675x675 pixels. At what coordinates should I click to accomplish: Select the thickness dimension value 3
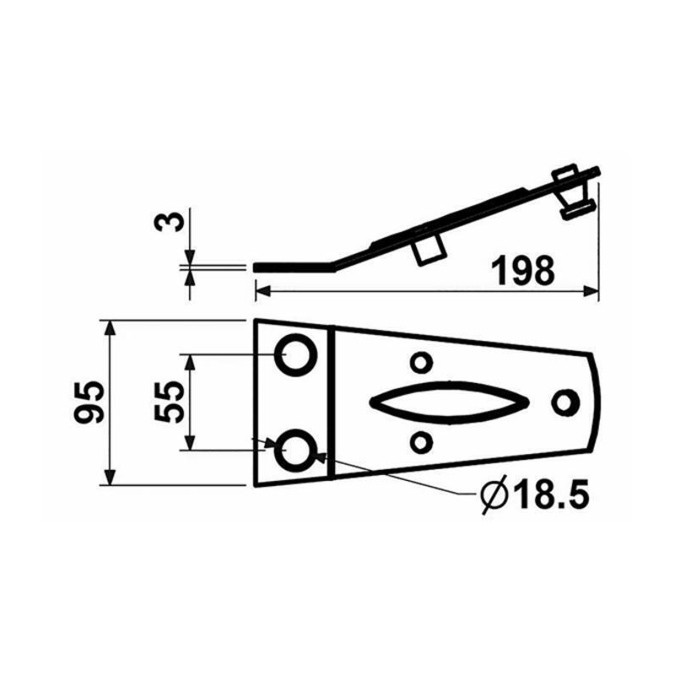[x=170, y=222]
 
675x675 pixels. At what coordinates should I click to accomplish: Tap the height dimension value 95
[x=88, y=403]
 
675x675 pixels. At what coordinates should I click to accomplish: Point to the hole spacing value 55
[x=168, y=402]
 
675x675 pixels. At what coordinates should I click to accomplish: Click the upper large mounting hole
[x=296, y=354]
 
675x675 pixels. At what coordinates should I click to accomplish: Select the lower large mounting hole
[x=296, y=447]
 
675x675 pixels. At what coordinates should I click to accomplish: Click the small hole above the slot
[x=419, y=363]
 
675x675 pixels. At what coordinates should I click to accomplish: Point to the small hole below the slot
[x=419, y=440]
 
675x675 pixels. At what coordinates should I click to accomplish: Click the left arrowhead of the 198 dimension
[x=261, y=291]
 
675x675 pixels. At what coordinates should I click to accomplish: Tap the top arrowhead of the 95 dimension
[x=109, y=327]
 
